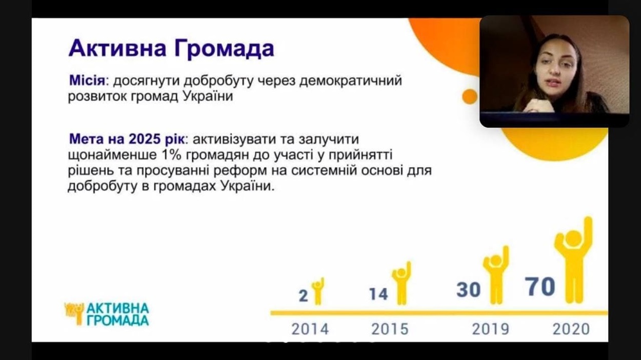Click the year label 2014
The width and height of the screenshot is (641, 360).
click(310, 329)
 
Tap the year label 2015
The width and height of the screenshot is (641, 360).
click(390, 329)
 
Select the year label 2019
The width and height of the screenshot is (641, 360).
click(490, 329)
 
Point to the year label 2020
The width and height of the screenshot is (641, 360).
click(571, 329)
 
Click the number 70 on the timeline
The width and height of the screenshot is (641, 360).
click(540, 287)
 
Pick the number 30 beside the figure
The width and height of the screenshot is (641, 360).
click(469, 289)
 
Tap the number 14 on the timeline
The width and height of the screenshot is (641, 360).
click(378, 294)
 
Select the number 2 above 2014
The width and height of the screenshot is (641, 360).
click(304, 296)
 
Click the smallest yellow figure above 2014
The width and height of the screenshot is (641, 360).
click(318, 291)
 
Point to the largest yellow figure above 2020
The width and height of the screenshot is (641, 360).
click(574, 260)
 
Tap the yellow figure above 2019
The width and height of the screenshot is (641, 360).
click(496, 275)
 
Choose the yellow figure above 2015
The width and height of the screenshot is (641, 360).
click(402, 283)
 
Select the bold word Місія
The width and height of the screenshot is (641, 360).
click(87, 81)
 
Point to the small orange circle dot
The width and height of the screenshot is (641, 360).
click(470, 96)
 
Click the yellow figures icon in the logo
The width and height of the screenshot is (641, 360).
click(74, 313)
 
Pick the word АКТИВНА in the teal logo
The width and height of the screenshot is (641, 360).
click(117, 309)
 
